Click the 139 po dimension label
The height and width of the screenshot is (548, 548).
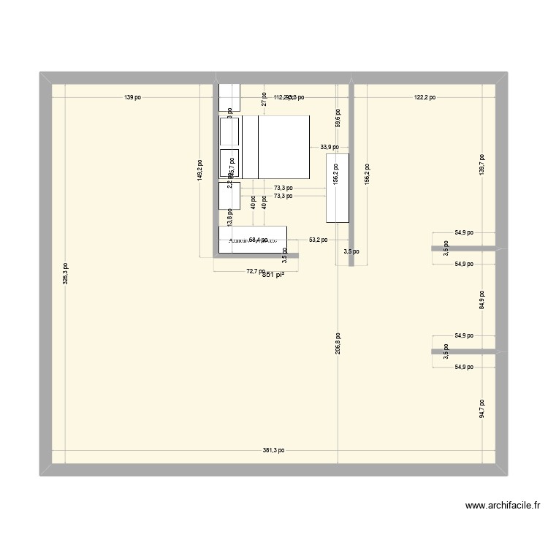click(x=133, y=97)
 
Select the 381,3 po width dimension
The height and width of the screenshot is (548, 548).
click(x=274, y=451)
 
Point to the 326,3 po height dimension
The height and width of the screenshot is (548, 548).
click(x=65, y=274)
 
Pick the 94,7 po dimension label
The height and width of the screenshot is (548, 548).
click(x=482, y=408)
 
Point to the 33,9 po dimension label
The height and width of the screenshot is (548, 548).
click(x=329, y=147)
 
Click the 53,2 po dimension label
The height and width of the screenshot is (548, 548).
click(x=318, y=239)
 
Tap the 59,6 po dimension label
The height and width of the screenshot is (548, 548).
click(x=337, y=117)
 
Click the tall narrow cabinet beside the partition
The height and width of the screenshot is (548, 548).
click(x=337, y=188)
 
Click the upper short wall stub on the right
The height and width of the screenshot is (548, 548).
click(x=464, y=249)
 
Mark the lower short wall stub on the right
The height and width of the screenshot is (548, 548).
click(x=464, y=352)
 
